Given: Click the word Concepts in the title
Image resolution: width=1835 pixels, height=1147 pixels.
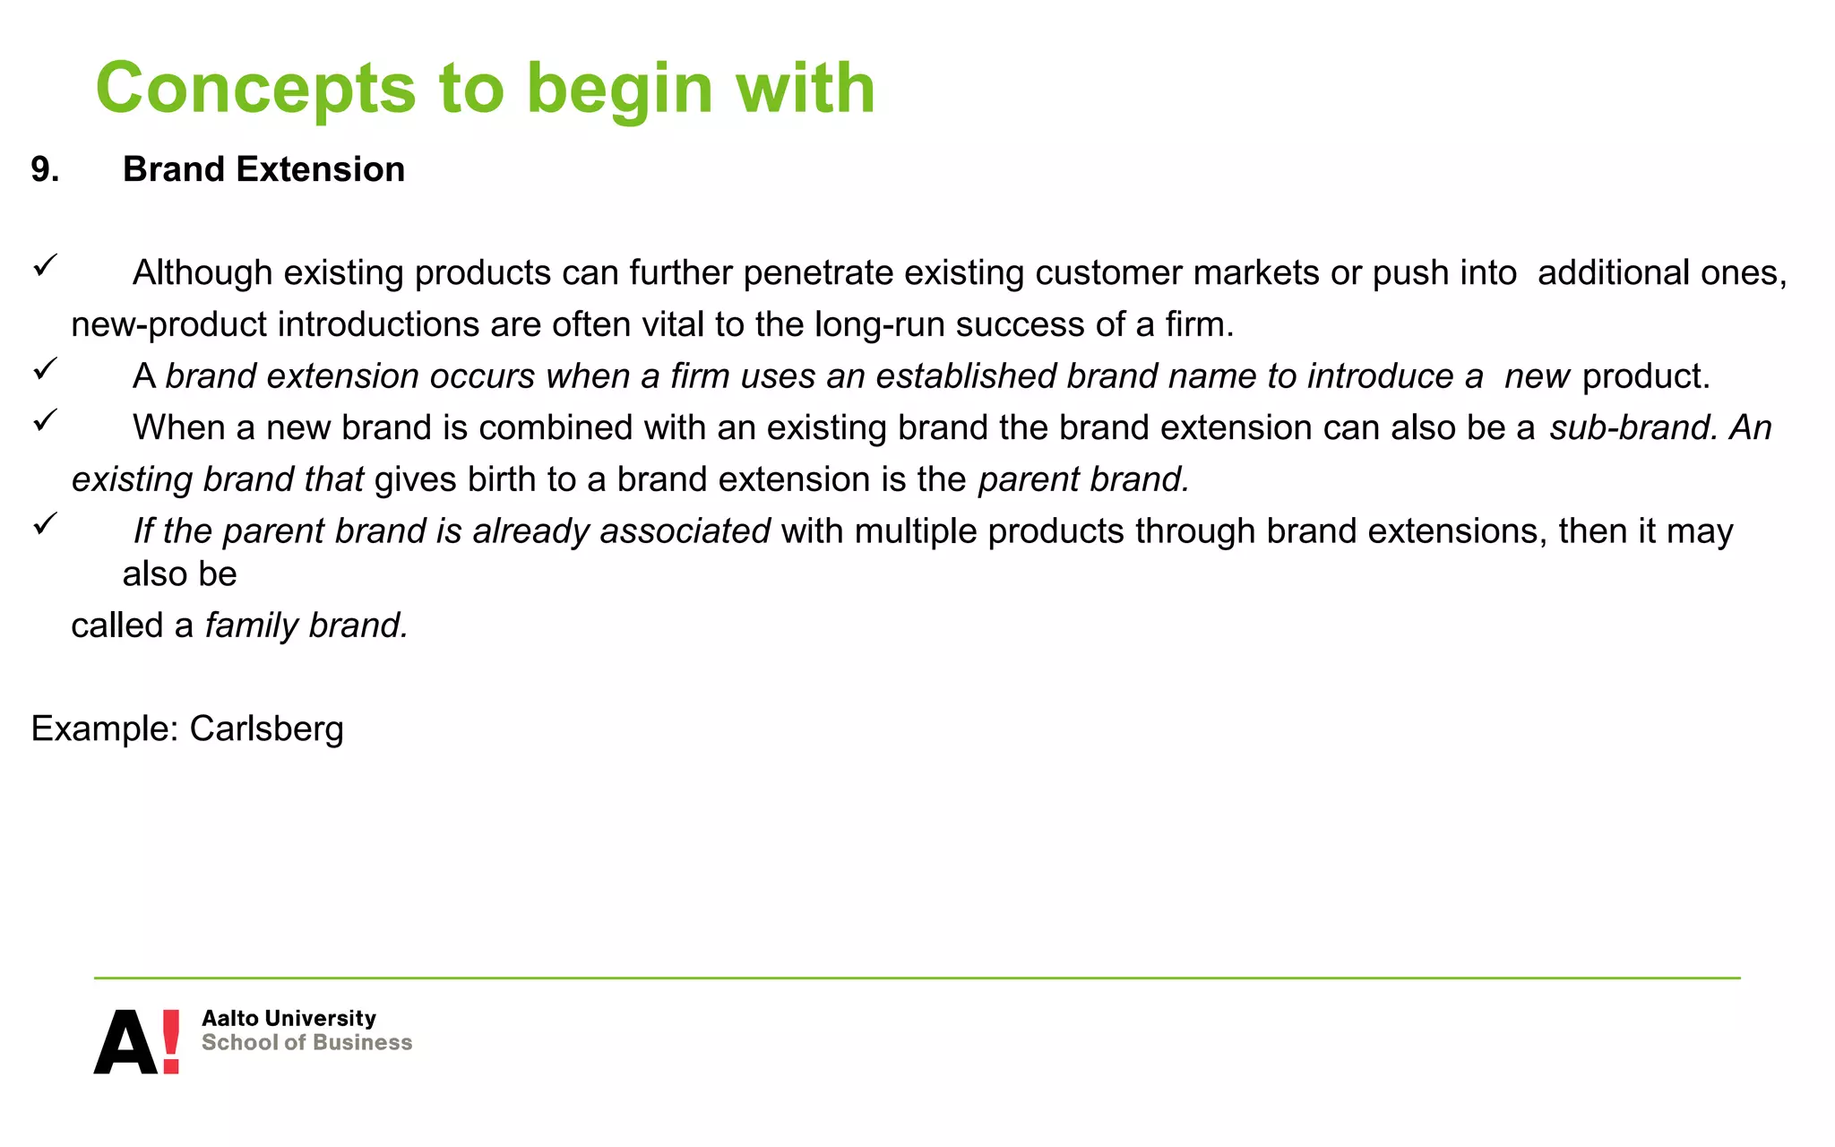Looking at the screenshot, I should (255, 90).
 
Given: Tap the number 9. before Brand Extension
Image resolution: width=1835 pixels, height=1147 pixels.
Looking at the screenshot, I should (45, 170).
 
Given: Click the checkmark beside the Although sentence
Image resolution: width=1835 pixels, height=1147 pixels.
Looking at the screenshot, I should (46, 265).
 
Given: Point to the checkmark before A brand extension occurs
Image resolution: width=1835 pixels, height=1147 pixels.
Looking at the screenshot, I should (46, 368).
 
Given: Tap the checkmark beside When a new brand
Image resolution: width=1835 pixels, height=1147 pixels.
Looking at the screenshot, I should (46, 420).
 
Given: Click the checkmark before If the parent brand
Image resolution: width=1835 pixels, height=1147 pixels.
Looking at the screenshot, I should (46, 523).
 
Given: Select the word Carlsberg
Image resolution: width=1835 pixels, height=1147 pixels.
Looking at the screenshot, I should (266, 729).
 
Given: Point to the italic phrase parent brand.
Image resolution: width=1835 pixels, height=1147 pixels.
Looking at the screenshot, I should (1083, 480).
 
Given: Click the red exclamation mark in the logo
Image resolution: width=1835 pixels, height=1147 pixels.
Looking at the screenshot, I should (170, 1041).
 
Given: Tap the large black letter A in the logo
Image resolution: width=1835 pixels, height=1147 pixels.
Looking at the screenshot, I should (125, 1043).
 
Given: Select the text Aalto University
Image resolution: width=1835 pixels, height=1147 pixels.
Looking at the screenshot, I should (289, 1019).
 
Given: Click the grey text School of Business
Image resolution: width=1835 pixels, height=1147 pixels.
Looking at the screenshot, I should (306, 1043).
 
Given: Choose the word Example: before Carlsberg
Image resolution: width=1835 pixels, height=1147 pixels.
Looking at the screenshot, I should (105, 729).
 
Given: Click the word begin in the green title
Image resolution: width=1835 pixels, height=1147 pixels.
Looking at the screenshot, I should (619, 90).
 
